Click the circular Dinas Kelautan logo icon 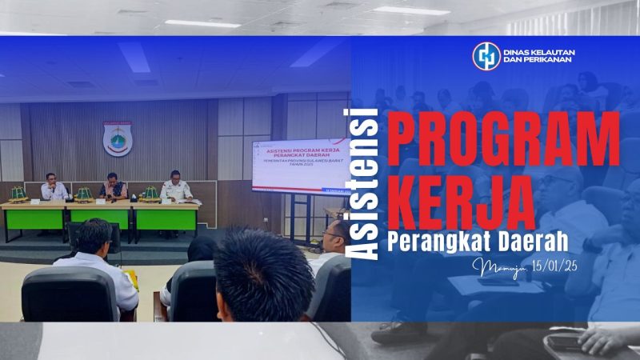[486, 55]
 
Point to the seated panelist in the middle [113, 186]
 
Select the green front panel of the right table [166, 218]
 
